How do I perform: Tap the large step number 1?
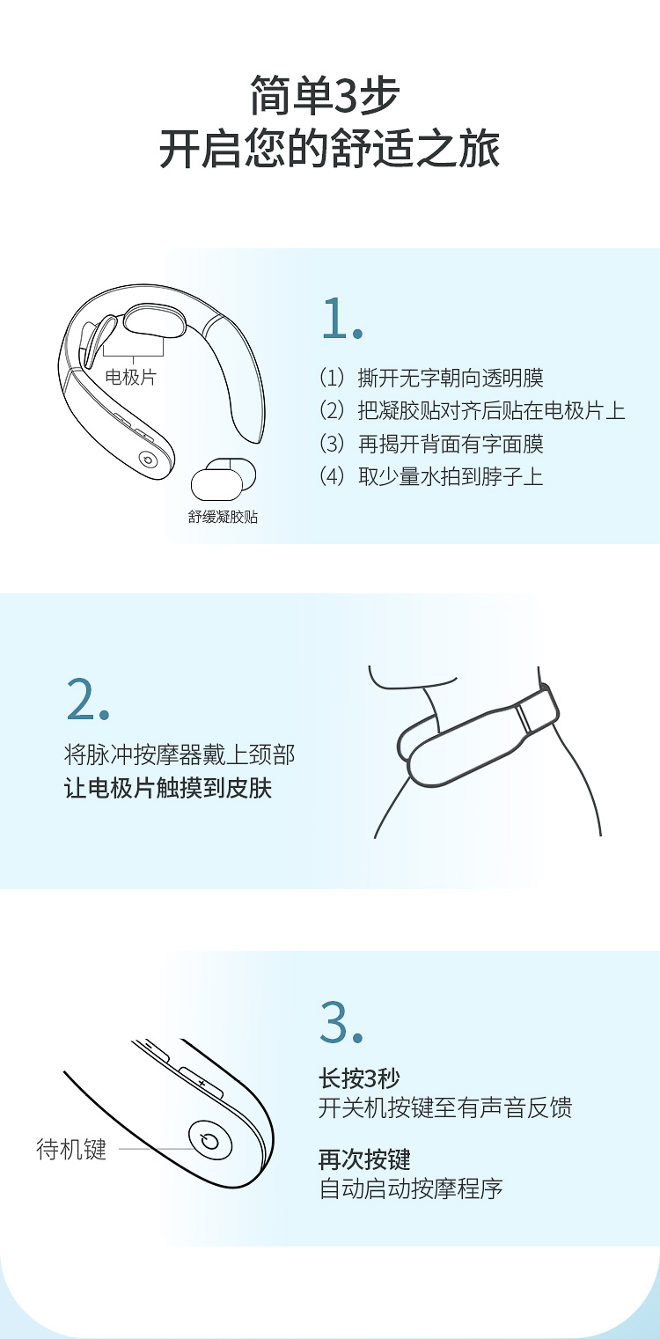coord(341,319)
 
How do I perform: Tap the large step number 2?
coord(88,698)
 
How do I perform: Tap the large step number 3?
coord(341,1022)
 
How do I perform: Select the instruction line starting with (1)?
coord(432,378)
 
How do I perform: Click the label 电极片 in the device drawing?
coord(130,377)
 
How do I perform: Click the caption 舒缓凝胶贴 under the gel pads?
coord(223,517)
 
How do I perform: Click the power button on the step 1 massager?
coord(147,459)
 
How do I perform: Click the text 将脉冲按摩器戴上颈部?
coord(180,755)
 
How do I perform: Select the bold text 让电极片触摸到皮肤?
coord(168,788)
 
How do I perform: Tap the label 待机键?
coord(71,1149)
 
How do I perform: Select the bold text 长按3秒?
coord(359,1078)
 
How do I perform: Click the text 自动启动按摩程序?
coord(411,1188)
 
